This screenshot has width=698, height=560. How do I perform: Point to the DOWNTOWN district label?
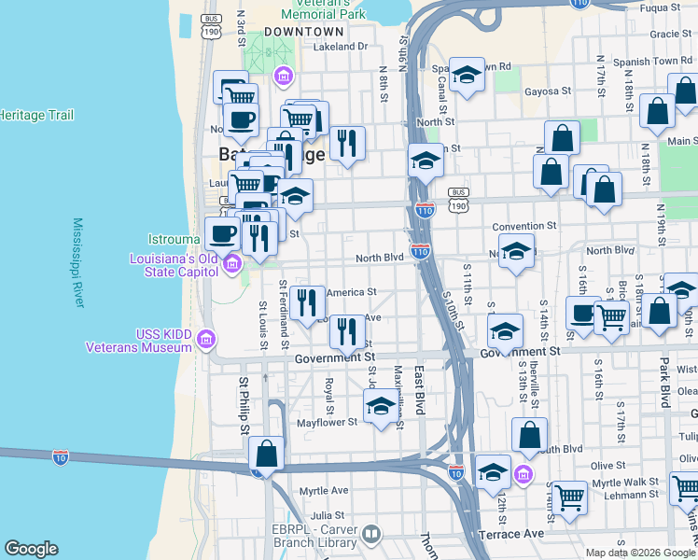[x=298, y=31]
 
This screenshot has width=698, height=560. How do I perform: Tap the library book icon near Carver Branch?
[x=371, y=534]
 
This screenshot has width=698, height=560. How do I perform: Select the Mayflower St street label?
[x=327, y=422]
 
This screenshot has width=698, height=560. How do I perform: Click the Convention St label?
[x=523, y=226]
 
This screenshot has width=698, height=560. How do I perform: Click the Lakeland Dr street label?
[x=341, y=46]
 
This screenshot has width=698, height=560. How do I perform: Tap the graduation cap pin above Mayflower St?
[x=380, y=406]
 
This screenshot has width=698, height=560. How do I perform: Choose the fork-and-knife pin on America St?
[x=306, y=302]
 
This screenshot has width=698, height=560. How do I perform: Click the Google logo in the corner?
[x=32, y=549]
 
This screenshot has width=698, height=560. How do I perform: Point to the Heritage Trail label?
[x=35, y=115]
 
